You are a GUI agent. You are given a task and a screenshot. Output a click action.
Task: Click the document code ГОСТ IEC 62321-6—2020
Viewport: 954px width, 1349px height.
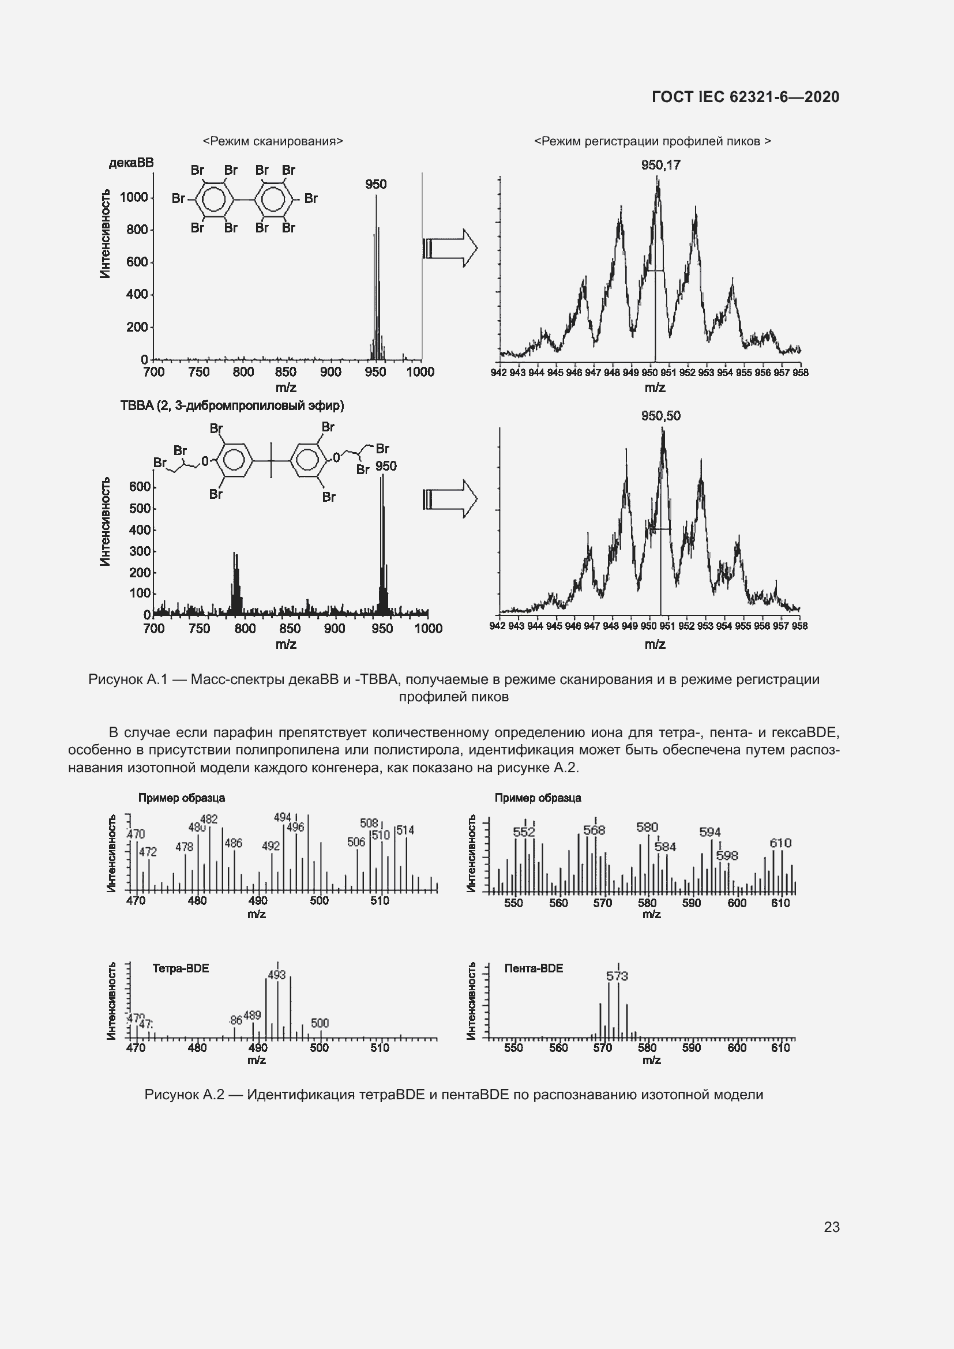[745, 97]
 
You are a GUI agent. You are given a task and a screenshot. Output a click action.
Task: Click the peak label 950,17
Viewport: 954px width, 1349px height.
[660, 165]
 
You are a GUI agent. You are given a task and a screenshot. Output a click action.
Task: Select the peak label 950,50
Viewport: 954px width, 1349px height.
[660, 416]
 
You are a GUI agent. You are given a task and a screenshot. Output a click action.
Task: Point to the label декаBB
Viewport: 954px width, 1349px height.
[131, 163]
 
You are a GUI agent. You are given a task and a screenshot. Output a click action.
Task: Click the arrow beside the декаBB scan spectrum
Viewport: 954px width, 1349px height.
[450, 248]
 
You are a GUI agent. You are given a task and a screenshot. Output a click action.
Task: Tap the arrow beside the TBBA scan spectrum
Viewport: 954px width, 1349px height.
[450, 499]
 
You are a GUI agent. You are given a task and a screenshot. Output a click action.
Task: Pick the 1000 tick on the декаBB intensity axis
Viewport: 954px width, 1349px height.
[134, 197]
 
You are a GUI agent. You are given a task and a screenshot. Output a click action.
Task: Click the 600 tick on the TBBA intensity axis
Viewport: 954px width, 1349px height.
[140, 487]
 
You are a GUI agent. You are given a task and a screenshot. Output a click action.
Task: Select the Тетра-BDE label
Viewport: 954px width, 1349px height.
[181, 968]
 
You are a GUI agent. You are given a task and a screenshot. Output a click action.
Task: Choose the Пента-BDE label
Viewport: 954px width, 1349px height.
[534, 968]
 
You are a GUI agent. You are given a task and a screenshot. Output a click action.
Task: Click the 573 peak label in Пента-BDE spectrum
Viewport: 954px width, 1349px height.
[617, 976]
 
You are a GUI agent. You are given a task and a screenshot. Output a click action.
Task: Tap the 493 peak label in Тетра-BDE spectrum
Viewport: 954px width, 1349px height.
[277, 975]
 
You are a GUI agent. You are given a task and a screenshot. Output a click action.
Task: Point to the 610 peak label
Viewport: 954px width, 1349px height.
[780, 843]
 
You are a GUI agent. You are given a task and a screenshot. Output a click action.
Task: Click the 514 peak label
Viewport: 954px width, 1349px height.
[405, 830]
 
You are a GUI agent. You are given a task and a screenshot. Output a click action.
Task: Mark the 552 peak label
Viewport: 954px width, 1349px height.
[523, 832]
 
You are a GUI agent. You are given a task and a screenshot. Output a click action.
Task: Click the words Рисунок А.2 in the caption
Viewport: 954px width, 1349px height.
[185, 1095]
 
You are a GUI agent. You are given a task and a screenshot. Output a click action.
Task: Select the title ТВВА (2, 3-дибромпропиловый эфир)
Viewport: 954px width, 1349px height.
[232, 406]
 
